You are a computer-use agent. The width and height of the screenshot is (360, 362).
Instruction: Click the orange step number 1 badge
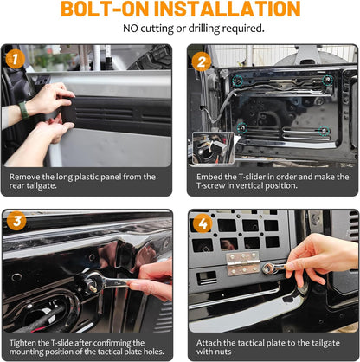pos(15,59)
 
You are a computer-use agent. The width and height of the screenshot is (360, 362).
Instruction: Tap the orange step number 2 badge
pos(202,61)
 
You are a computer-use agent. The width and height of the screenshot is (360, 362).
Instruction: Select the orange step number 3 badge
pos(17,221)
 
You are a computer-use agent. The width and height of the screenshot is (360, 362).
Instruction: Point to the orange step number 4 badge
pos(202,223)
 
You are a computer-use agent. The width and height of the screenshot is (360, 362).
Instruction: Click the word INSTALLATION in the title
pos(228,9)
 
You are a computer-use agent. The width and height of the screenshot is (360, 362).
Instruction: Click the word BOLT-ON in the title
pos(105,9)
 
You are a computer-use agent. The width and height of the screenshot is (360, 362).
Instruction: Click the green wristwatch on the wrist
pos(23,110)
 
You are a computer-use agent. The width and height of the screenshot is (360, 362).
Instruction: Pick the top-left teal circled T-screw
pos(238,81)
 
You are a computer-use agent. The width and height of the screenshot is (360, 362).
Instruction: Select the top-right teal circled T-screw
pos(327,81)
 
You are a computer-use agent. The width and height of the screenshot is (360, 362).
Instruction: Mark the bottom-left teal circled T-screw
pos(242,127)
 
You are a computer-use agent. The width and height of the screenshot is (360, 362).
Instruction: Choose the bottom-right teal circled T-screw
pos(325,131)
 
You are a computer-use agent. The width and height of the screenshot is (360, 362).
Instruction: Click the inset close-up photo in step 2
pos(213,148)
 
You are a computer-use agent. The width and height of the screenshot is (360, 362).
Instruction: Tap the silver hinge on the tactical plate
pos(243,263)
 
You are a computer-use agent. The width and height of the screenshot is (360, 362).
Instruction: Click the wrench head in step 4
pos(268,268)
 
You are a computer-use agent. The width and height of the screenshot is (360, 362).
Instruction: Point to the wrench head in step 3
pos(93,281)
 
